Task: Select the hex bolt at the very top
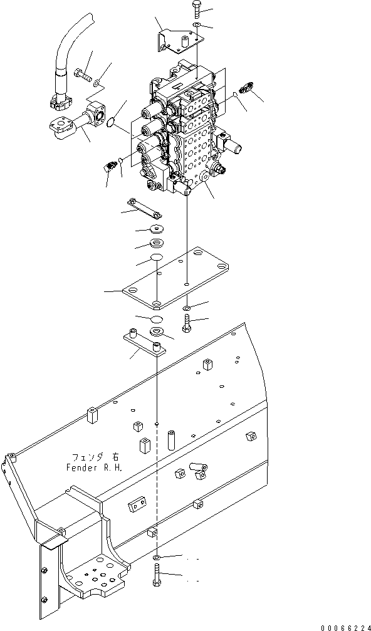point(195,9)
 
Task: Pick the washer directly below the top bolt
point(197,26)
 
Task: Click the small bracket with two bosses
point(145,343)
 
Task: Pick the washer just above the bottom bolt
point(156,557)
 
